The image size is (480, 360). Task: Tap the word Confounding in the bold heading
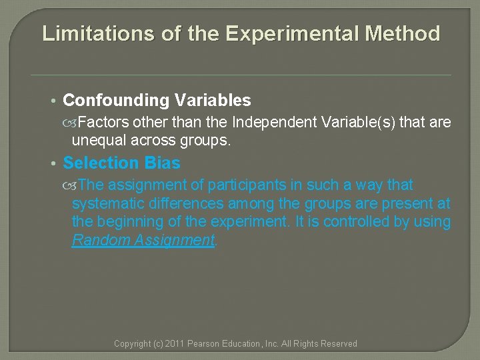[116, 101]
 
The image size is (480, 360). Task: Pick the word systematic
[107, 203]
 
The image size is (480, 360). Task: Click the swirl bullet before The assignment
[73, 185]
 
